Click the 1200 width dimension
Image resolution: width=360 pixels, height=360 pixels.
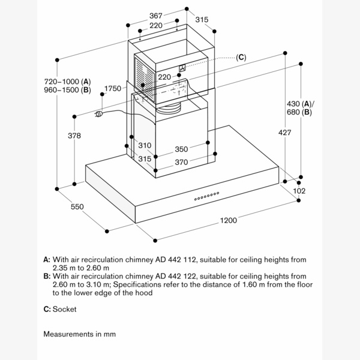228,220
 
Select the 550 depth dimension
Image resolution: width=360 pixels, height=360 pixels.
77,207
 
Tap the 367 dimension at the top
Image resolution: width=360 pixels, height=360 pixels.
156,16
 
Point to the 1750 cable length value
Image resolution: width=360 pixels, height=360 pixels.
113,89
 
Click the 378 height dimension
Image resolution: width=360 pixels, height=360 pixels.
74,136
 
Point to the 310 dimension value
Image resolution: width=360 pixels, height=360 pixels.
145,145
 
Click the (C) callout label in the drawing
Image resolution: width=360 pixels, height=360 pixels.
241,58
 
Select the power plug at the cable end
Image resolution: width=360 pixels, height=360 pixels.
100,112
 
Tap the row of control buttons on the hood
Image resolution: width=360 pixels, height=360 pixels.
205,195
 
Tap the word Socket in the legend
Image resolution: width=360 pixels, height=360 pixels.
65,309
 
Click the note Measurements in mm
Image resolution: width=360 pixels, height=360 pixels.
79,334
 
